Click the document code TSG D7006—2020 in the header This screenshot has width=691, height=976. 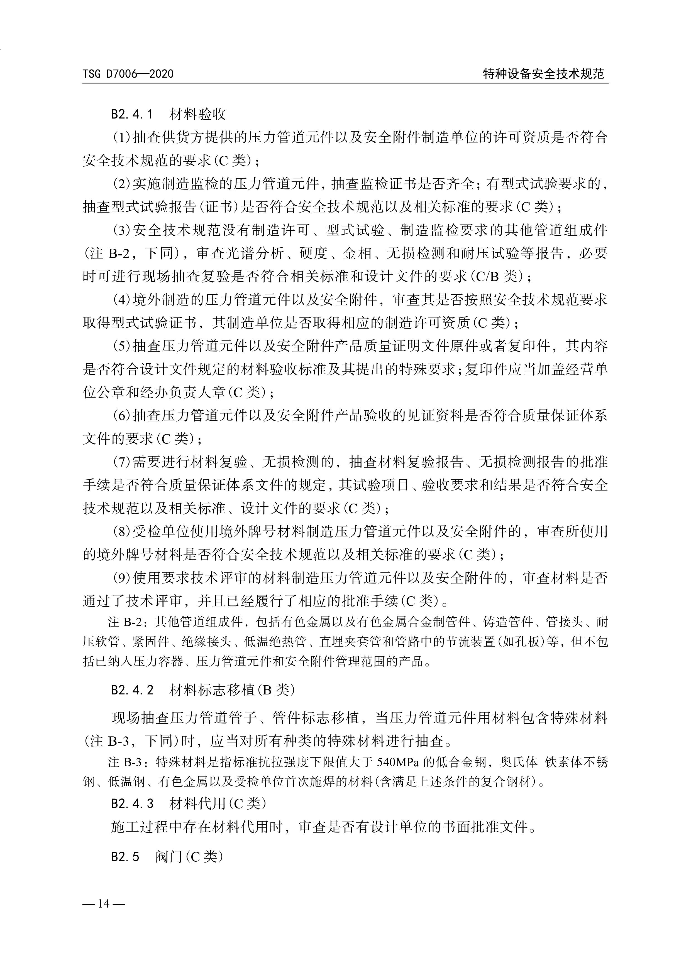click(x=128, y=74)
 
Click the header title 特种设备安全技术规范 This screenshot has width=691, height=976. click(x=543, y=74)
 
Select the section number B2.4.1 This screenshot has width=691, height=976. click(x=132, y=114)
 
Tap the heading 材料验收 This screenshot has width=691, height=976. click(x=198, y=114)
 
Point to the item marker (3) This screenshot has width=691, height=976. click(x=121, y=231)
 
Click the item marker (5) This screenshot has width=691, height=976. click(x=121, y=346)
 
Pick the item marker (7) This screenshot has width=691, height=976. click(x=121, y=462)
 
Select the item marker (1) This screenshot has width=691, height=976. click(x=121, y=138)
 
